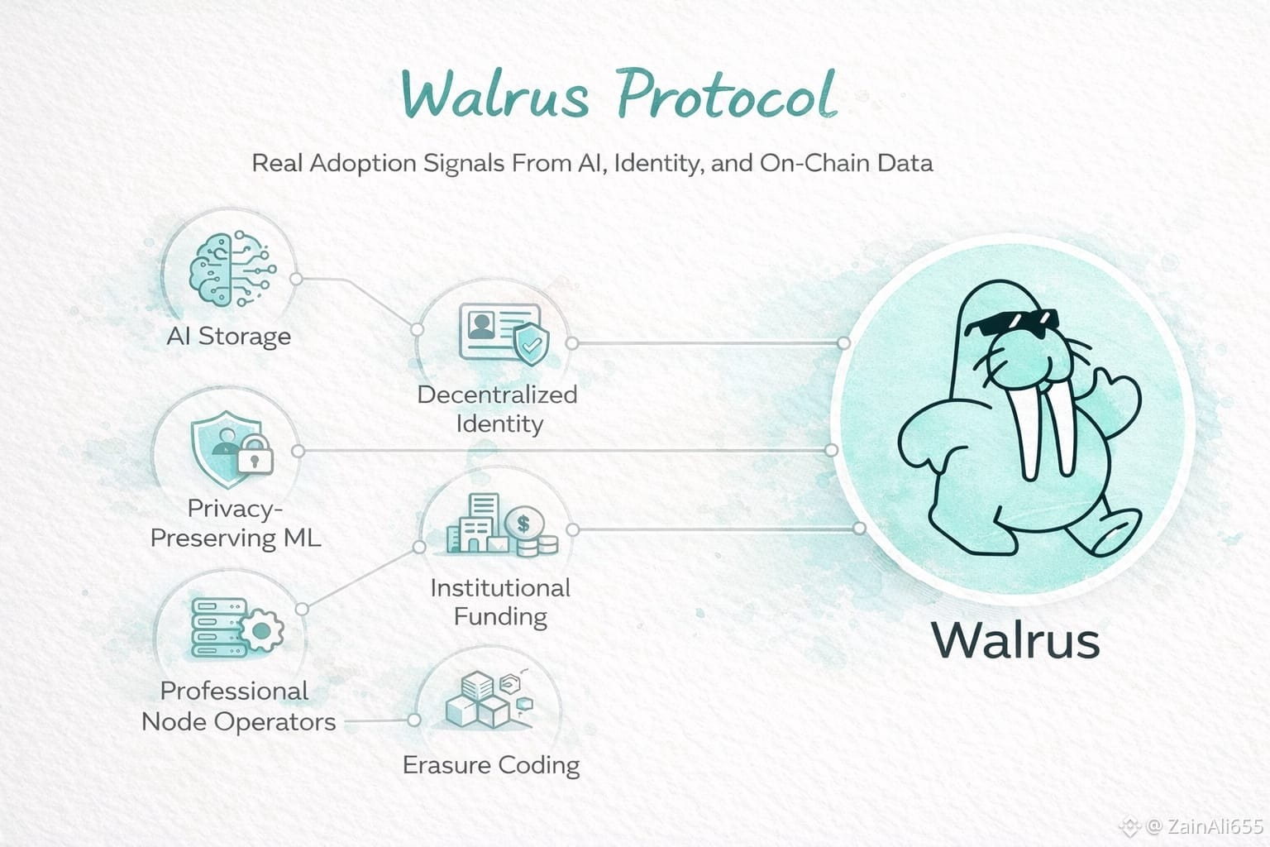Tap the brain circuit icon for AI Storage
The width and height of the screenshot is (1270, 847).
(232, 269)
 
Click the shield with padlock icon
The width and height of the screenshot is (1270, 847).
(232, 445)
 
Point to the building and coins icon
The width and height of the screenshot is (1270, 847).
(501, 524)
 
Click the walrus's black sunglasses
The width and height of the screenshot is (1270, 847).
(1011, 322)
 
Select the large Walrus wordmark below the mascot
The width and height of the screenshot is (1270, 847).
(1015, 640)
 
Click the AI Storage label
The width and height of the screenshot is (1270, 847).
(229, 337)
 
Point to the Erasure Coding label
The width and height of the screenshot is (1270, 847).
(491, 765)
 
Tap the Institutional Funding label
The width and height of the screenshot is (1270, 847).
(500, 602)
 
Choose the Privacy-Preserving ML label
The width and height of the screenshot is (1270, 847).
(236, 524)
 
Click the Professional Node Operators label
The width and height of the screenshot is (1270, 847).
(238, 706)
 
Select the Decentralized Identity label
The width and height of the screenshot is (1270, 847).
(498, 409)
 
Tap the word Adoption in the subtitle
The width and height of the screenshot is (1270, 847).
(364, 163)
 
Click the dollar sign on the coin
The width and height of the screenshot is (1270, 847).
(523, 523)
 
